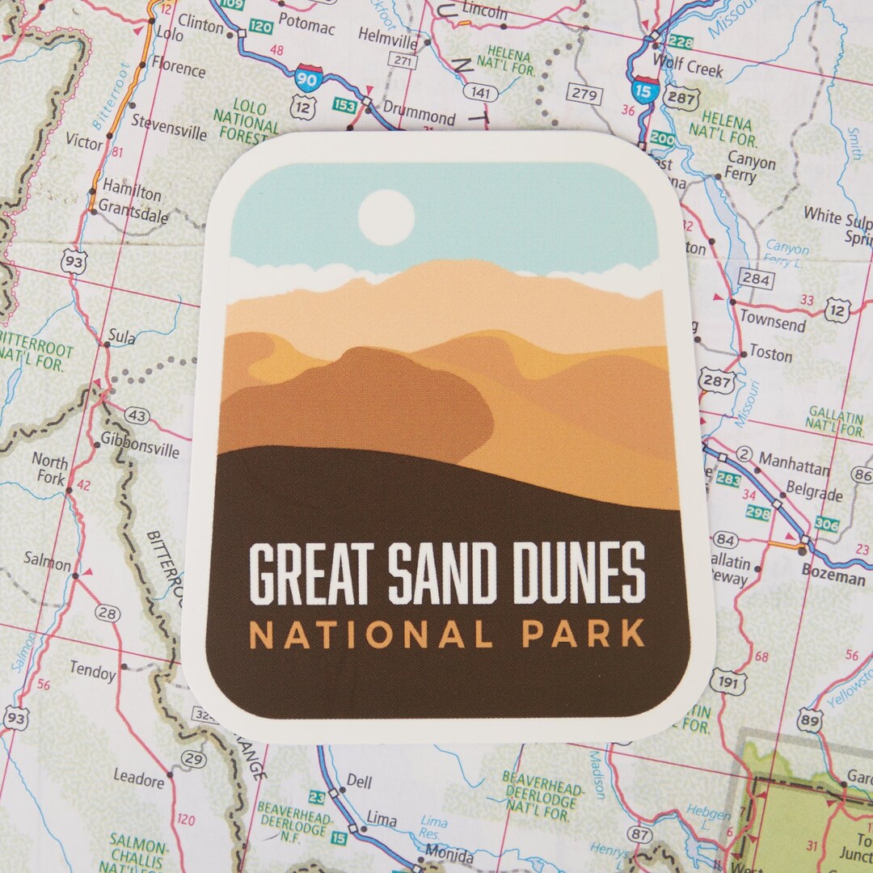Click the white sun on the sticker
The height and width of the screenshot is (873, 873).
(386, 217)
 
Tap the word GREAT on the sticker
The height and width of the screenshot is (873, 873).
(314, 573)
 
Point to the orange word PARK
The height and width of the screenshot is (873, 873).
(583, 635)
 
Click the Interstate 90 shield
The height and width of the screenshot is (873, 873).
(307, 79)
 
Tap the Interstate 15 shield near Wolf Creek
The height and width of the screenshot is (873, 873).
(643, 90)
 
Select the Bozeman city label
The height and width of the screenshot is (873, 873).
(833, 579)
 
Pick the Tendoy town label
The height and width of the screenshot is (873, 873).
(92, 670)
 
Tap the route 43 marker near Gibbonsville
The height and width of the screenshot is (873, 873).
(138, 415)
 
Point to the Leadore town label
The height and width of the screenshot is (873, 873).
(139, 780)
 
